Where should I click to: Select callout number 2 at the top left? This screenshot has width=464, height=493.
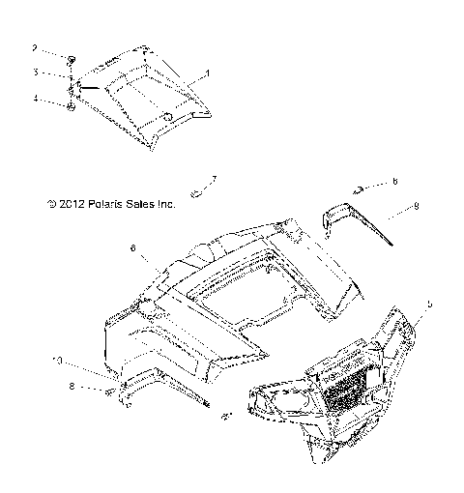pos(34,47)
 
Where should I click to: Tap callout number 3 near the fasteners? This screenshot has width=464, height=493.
pos(34,72)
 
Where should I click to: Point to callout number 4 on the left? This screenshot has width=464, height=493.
pos(34,97)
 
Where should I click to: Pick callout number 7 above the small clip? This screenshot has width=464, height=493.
pos(214,179)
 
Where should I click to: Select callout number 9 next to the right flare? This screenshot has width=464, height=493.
pos(417,206)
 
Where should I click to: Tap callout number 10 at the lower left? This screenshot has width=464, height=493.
pos(58,361)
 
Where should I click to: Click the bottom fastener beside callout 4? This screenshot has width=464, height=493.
pos(71,106)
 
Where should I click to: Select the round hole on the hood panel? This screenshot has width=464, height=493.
pos(165,117)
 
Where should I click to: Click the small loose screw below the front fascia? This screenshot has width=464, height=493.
pos(225,417)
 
